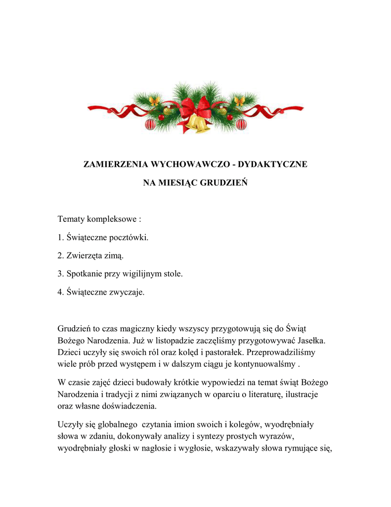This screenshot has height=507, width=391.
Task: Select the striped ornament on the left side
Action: (x=150, y=124)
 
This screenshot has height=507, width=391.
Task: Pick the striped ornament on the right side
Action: (x=241, y=124)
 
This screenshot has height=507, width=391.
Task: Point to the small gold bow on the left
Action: (x=154, y=101)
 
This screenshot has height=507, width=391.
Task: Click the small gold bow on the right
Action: (x=239, y=101)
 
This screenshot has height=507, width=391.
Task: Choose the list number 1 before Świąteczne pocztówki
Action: (x=60, y=237)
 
